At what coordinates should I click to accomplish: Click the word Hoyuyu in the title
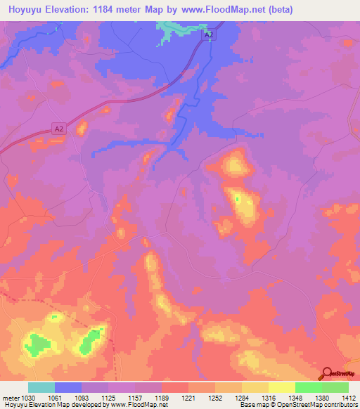tap(27, 10)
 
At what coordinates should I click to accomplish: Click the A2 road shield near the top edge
tap(207, 33)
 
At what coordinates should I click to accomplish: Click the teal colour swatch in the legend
tap(41, 387)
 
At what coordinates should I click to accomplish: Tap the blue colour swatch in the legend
tap(68, 387)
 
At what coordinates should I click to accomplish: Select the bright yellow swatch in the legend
tap(282, 387)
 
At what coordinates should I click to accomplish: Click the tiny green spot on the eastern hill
tap(238, 199)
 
